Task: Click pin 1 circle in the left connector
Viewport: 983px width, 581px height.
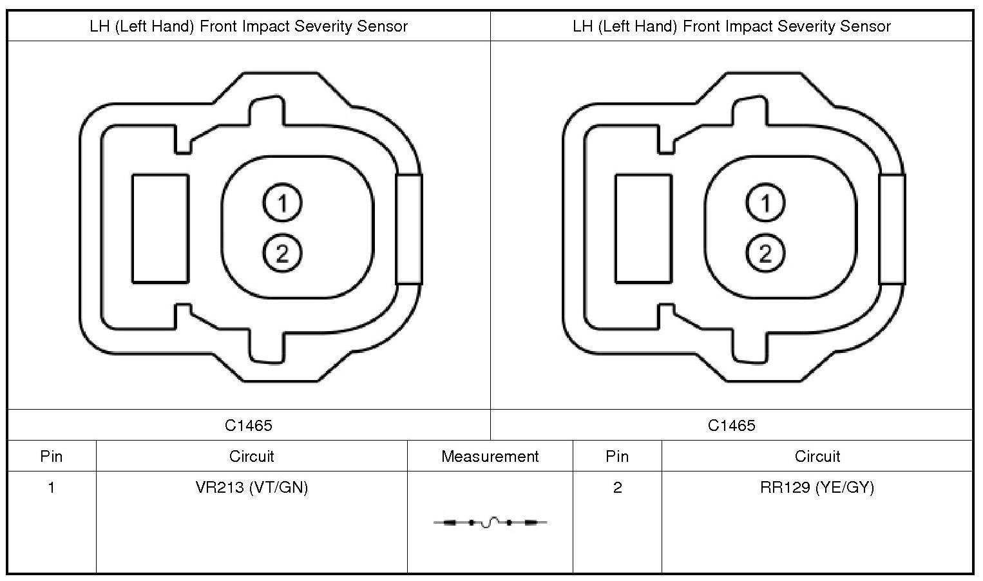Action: (282, 203)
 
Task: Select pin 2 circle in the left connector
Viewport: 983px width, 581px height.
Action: (282, 253)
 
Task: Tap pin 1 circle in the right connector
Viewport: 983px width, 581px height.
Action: (765, 203)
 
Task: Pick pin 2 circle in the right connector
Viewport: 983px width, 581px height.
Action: (765, 253)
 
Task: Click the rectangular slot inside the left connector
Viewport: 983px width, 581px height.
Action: (160, 228)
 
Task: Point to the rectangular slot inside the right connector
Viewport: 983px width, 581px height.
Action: (644, 228)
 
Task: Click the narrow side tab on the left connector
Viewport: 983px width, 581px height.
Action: (409, 229)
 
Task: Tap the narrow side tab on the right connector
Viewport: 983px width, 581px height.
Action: (892, 229)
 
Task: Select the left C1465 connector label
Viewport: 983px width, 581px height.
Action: (249, 425)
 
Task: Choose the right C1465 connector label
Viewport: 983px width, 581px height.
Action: (732, 425)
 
